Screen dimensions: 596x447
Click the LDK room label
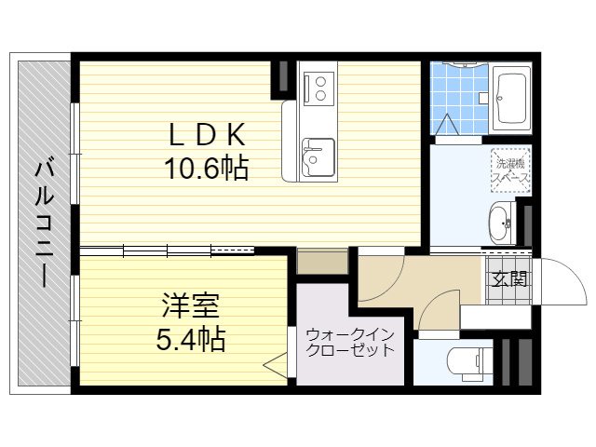(207, 136)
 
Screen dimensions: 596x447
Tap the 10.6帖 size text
(207, 168)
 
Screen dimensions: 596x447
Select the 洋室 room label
(190, 305)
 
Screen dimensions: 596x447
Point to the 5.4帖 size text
(191, 338)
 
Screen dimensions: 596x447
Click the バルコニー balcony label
(44, 223)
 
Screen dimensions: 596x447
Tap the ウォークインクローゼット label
(350, 343)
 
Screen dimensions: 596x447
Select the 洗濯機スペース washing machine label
(510, 171)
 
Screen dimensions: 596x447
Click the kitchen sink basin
(318, 156)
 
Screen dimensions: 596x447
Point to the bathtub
(510, 99)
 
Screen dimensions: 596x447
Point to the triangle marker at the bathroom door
(447, 124)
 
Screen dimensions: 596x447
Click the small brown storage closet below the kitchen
(322, 261)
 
